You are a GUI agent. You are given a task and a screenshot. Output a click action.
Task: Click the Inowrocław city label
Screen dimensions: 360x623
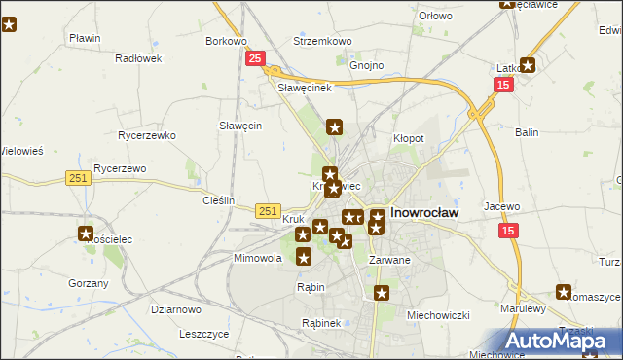click(x=425, y=210)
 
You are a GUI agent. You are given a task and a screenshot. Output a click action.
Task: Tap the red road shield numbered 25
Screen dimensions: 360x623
click(x=254, y=59)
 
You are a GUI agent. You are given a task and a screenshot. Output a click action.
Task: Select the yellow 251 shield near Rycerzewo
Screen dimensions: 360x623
click(x=79, y=177)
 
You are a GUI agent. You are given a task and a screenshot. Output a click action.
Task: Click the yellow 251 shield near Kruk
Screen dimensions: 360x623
click(x=270, y=210)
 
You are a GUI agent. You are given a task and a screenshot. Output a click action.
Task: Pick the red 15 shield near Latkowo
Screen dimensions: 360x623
click(x=502, y=86)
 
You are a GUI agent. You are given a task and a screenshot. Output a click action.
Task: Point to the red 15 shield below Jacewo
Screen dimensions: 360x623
click(x=509, y=231)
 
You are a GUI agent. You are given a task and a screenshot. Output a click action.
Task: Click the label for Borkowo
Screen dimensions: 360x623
click(x=226, y=41)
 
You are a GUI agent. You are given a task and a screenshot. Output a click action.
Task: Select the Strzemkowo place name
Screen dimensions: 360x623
click(x=322, y=41)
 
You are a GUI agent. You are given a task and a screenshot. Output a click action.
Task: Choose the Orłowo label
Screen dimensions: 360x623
click(x=435, y=16)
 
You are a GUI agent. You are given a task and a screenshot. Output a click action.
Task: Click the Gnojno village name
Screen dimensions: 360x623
click(x=366, y=65)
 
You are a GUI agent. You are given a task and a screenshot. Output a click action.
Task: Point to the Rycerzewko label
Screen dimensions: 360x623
click(x=145, y=135)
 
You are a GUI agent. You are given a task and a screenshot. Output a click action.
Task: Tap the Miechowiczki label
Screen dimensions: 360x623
click(x=438, y=314)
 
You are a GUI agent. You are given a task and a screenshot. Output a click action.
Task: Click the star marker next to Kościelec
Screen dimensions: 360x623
click(x=86, y=234)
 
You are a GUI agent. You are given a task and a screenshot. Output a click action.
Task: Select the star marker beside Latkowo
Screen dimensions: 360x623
click(x=528, y=65)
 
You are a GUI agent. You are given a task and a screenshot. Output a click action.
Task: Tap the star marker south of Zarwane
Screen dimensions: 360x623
click(x=383, y=292)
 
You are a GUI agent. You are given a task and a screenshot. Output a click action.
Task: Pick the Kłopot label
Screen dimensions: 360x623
click(x=408, y=138)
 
